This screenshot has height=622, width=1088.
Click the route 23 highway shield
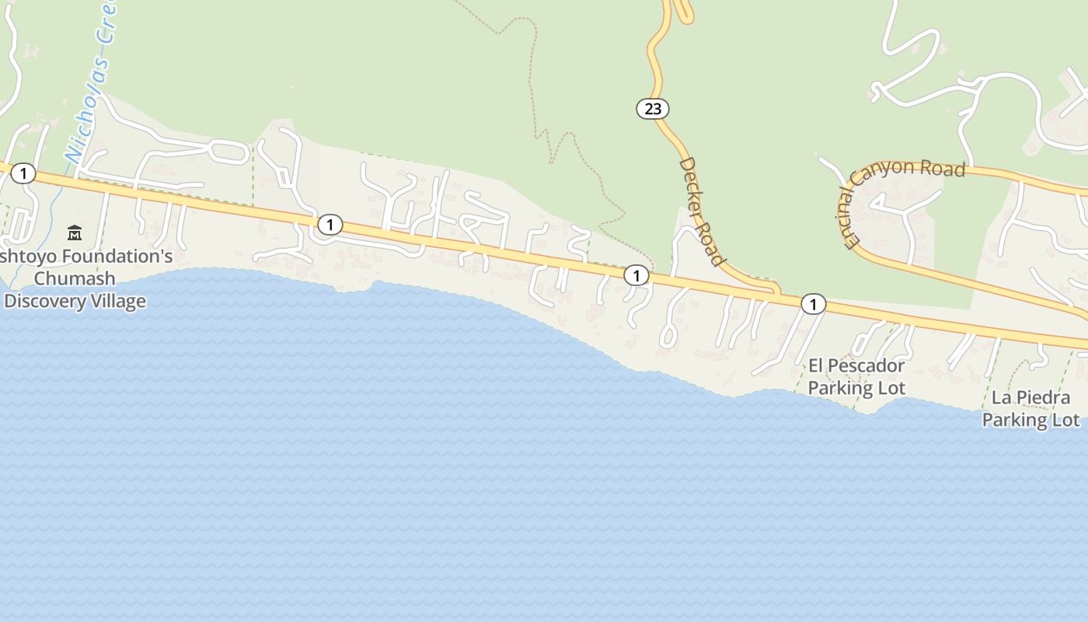[653, 109]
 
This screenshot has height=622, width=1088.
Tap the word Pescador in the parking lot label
[867, 365]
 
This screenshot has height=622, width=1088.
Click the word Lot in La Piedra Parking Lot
[1065, 420]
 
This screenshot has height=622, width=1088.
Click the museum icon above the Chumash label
[75, 232]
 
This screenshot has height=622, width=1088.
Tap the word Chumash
[75, 278]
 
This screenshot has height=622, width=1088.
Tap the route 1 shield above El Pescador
[813, 304]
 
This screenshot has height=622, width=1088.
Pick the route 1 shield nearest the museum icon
[23, 173]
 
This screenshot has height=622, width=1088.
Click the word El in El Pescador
[817, 365]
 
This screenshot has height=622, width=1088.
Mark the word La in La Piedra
[1000, 398]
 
